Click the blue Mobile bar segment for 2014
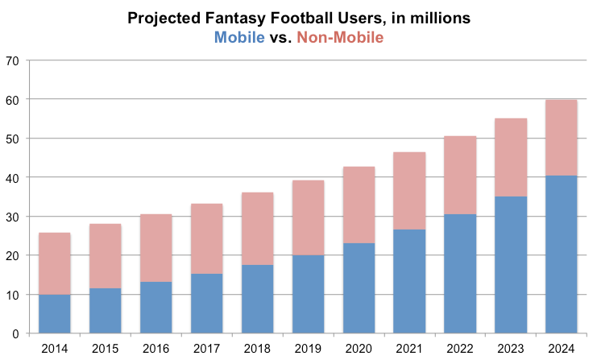55,314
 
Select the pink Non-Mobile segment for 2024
562,138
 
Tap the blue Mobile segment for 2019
308,294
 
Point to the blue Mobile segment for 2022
460,274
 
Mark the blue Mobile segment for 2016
156,308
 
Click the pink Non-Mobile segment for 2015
106,256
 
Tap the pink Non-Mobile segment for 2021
409,191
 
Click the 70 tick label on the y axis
12,60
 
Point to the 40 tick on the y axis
12,177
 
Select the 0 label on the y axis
16,333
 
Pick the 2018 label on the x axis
258,349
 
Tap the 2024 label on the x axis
562,349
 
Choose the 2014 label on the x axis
55,349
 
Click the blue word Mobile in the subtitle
239,36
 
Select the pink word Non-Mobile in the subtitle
340,36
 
